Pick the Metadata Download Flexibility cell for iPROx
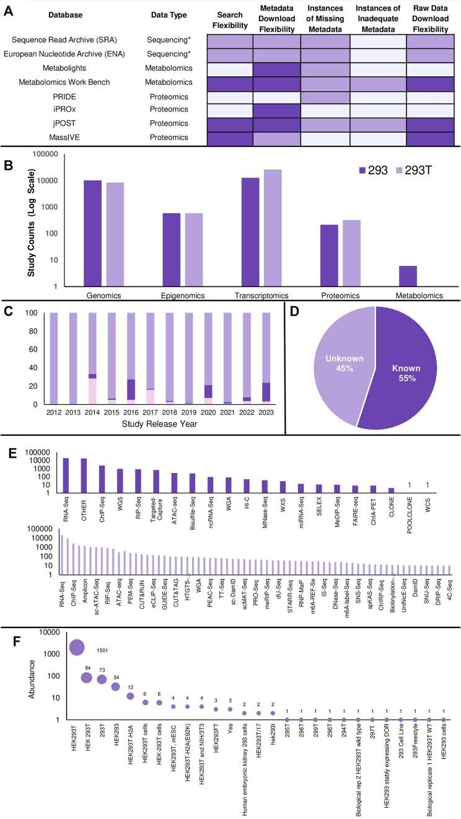pos(277,108)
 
